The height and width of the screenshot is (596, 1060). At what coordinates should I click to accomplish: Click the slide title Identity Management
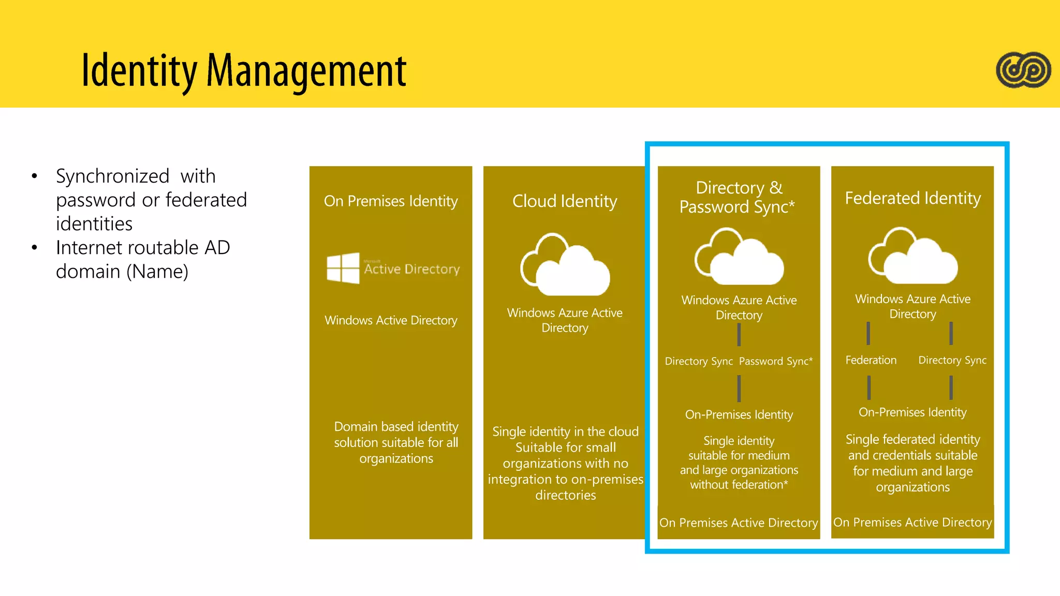244,70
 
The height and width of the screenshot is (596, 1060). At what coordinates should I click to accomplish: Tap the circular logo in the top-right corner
1023,70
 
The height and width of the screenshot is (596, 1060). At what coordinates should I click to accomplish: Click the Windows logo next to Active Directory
343,268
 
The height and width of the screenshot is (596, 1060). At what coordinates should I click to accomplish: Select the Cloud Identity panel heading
565,201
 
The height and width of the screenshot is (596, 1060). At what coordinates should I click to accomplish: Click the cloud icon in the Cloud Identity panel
565,265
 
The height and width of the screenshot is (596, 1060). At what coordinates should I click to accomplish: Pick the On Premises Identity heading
391,201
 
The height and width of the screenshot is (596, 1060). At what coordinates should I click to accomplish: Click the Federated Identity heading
912,198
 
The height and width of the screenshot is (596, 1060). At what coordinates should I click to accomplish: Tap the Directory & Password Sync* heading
738,197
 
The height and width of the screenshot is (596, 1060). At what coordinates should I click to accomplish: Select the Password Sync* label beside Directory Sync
775,361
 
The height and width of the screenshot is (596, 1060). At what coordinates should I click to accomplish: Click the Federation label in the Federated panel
871,360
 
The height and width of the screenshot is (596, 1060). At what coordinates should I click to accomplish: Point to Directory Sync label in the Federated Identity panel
952,360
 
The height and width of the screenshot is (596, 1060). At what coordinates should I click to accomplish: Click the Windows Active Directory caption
391,320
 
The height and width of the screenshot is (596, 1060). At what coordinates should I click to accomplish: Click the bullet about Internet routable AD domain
142,259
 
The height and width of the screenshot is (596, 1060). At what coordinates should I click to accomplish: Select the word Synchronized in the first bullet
112,176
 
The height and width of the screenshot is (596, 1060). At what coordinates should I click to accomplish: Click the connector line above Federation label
868,333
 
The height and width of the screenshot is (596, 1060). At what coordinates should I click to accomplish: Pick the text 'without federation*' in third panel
739,485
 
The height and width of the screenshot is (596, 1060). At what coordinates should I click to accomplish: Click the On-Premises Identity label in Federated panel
912,412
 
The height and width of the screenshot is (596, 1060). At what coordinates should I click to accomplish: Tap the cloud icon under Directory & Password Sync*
739,257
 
